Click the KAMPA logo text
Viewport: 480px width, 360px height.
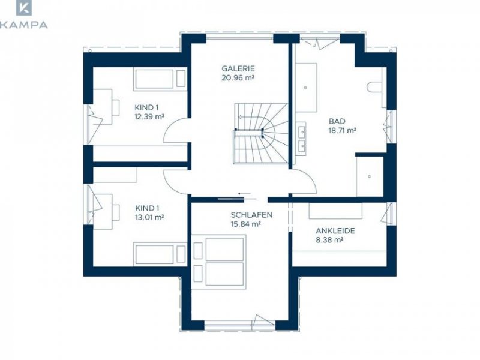24,25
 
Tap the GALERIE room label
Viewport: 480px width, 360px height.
238,68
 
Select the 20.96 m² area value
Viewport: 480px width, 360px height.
238,78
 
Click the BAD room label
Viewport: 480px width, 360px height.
337,121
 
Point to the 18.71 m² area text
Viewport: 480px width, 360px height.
342,130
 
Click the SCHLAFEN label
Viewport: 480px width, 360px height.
251,215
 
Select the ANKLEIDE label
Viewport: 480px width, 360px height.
335,230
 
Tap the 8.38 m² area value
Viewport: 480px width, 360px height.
329,240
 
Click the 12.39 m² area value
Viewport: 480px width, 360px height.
149,116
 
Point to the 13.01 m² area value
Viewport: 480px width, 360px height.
149,217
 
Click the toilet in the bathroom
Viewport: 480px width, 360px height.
374,86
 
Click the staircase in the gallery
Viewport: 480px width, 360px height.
261,133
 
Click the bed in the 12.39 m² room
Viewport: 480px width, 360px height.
160,79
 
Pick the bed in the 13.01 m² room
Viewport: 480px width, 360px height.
160,254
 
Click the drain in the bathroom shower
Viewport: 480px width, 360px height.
370,176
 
